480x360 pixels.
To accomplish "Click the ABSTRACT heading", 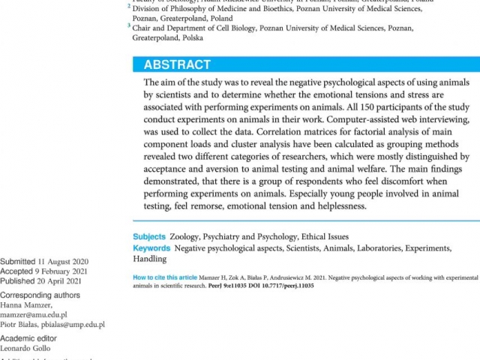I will tap(177, 64).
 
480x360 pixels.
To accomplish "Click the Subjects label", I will tap(149, 237).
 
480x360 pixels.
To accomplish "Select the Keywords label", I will tap(151, 248).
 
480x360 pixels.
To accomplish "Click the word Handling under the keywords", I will tap(150, 259).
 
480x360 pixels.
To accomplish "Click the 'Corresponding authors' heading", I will tap(41, 295).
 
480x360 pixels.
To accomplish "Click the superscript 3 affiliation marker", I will tap(128, 25).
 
